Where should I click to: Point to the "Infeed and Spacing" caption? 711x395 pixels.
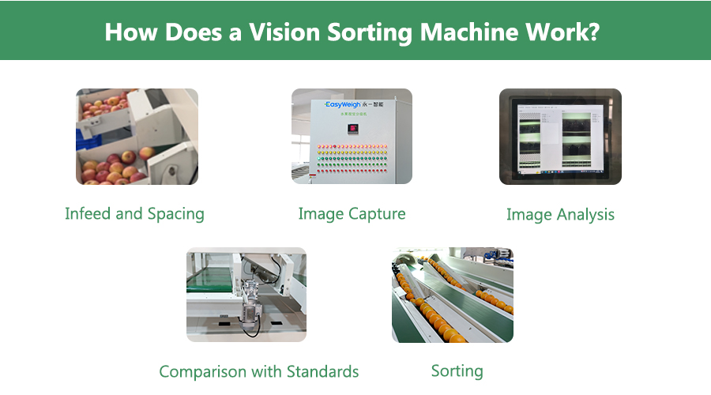click(134, 213)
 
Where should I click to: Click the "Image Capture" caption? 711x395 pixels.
click(352, 213)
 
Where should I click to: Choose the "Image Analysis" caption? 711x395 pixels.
click(560, 214)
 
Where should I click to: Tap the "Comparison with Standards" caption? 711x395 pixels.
click(259, 371)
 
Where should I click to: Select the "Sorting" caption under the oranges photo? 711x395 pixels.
click(457, 371)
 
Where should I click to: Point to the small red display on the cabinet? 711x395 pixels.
click(352, 127)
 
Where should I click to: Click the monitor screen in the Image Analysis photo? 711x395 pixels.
click(559, 136)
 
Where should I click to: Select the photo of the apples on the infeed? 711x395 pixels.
click(137, 137)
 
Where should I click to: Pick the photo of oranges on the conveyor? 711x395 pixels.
click(452, 295)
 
